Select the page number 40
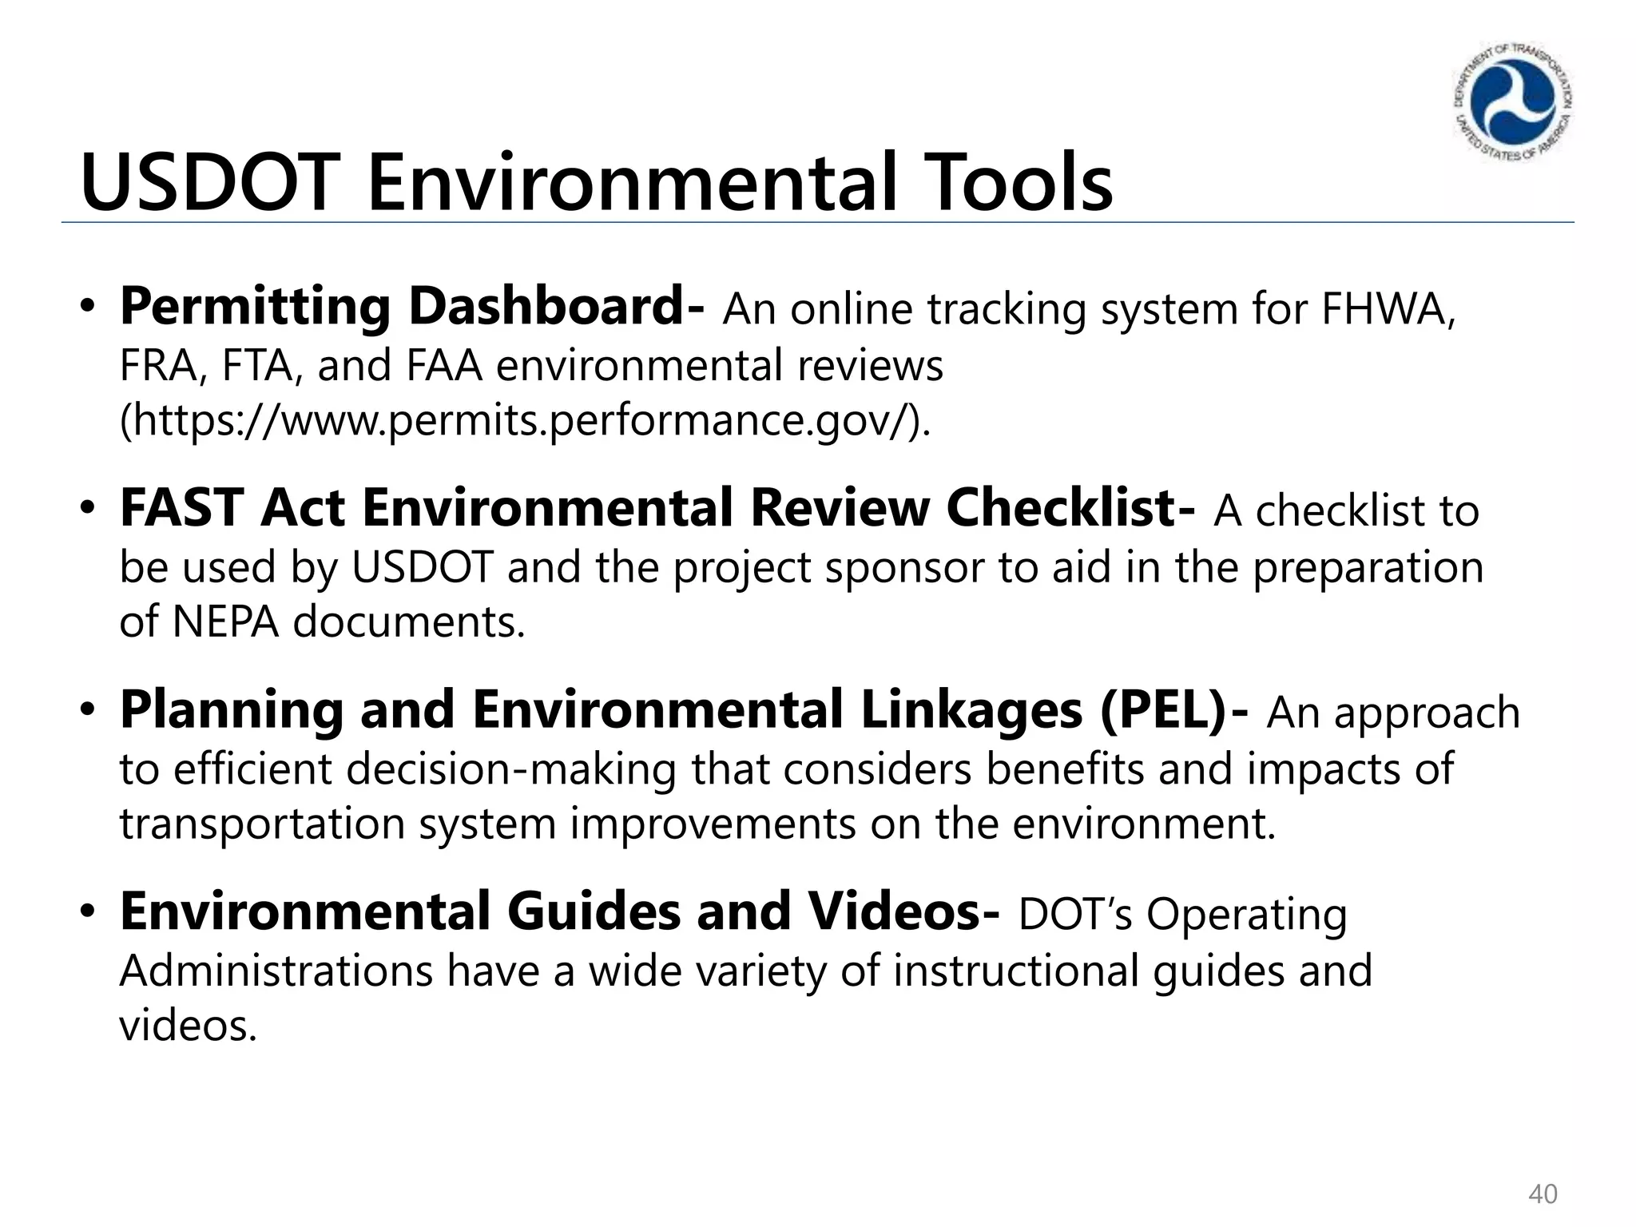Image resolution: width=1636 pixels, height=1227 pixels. point(1543,1194)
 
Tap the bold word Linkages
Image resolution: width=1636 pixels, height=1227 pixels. point(971,710)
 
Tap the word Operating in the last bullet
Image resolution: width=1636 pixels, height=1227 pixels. point(1246,915)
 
